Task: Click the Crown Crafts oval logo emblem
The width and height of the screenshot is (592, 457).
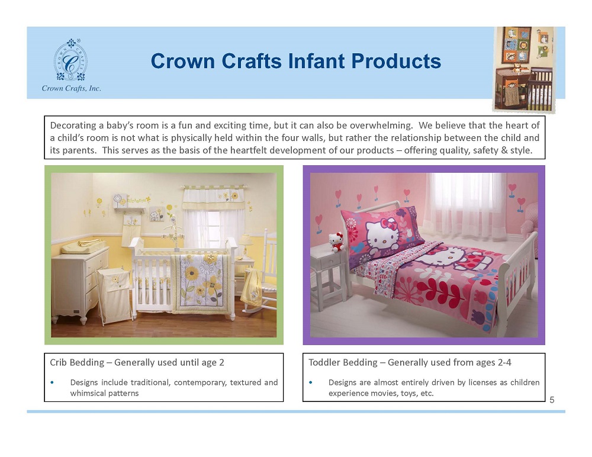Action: point(70,60)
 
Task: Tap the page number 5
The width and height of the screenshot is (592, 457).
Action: point(552,400)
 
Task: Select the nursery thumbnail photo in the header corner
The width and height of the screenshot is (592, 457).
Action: point(524,69)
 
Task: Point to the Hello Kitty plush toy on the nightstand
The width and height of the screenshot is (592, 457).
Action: point(336,242)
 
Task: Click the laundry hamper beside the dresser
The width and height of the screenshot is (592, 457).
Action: point(115,295)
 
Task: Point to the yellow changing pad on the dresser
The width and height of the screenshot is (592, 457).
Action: point(81,246)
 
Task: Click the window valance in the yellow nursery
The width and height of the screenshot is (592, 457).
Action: point(214,198)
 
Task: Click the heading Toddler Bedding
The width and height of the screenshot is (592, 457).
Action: point(343,362)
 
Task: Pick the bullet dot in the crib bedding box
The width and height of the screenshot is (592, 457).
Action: point(52,382)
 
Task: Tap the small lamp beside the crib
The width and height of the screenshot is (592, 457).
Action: point(246,244)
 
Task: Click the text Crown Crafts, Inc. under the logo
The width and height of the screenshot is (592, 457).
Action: point(72,88)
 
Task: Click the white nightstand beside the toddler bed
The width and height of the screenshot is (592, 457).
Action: point(329,278)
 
